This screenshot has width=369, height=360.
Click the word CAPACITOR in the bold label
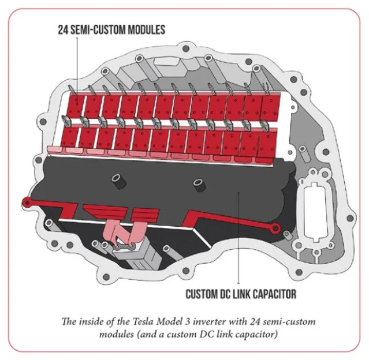pyautogui.click(x=269, y=294)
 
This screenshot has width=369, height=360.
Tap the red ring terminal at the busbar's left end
pyautogui.click(x=26, y=201)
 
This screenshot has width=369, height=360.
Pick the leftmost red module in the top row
pyautogui.click(x=76, y=105)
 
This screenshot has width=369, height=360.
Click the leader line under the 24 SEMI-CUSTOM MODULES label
pyautogui.click(x=77, y=63)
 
